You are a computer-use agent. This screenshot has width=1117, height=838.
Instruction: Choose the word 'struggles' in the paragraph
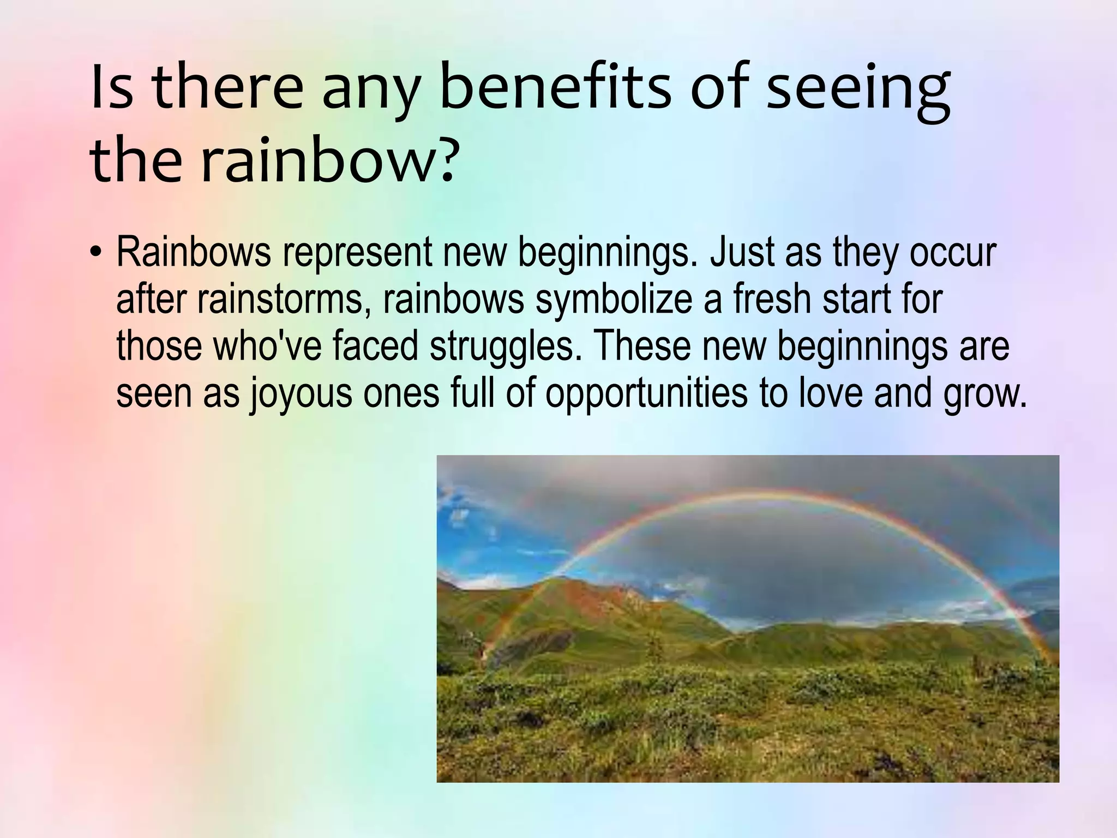(x=502, y=347)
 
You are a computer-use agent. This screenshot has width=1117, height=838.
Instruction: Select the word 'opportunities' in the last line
(x=646, y=394)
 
